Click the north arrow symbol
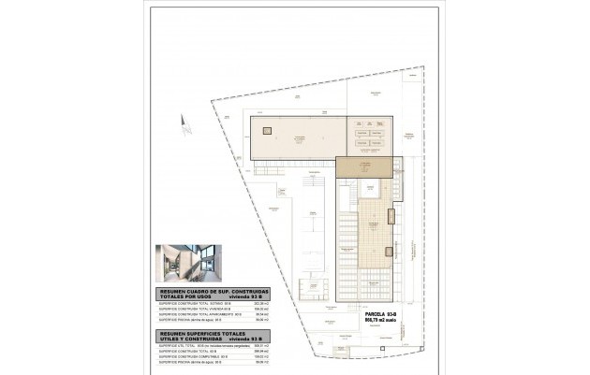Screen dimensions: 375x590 coord(186,127)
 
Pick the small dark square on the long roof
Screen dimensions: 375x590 coord(266,131)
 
